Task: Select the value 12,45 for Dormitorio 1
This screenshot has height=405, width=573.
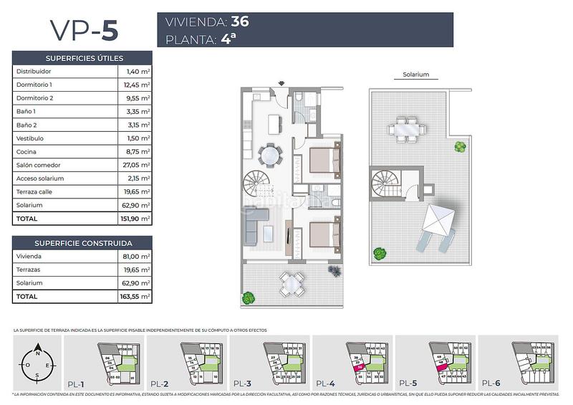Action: pos(135,85)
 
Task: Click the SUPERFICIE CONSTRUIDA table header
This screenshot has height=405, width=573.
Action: pos(82,242)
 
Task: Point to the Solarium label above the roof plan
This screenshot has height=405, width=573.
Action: pos(415,75)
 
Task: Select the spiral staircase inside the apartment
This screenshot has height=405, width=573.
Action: pos(259,185)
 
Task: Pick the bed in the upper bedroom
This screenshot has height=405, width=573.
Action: pos(324,160)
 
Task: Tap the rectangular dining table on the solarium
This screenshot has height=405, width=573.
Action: pos(405,130)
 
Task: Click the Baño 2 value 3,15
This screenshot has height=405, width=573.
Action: pos(135,125)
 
